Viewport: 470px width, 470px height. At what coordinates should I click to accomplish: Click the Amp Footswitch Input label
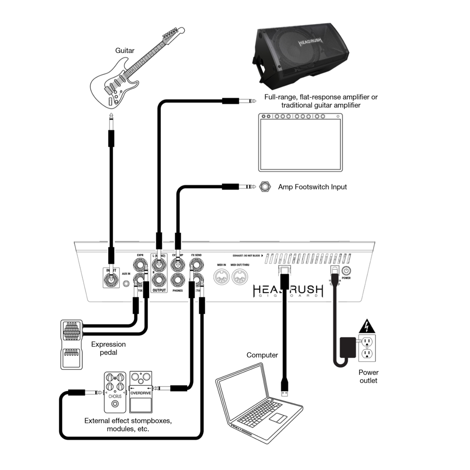pyautogui.click(x=312, y=187)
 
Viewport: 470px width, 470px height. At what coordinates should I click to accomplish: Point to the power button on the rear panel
pyautogui.click(x=346, y=271)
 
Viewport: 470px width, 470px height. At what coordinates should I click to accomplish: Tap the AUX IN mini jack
pyautogui.click(x=126, y=284)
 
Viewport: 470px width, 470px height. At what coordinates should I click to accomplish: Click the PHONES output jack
pyautogui.click(x=178, y=281)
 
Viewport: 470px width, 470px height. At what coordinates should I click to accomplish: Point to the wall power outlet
pyautogui.click(x=366, y=348)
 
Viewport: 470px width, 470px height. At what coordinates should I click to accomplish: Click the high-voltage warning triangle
pyautogui.click(x=366, y=326)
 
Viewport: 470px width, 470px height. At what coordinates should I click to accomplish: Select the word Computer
pyautogui.click(x=262, y=355)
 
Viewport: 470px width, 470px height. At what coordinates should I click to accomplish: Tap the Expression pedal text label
pyautogui.click(x=109, y=348)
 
